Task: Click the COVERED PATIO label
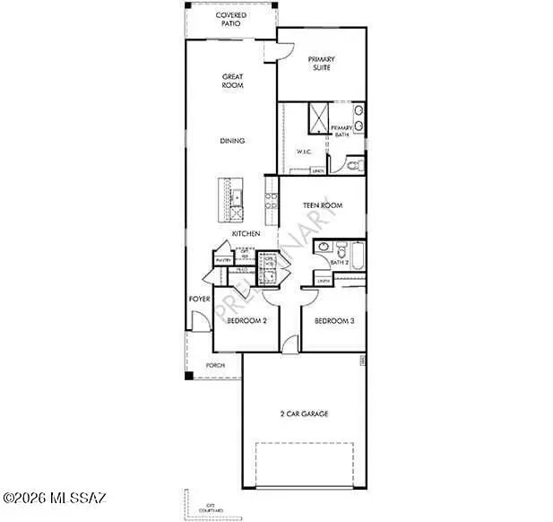(232, 20)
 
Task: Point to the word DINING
(233, 141)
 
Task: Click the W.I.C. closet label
(304, 152)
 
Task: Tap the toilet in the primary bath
(353, 166)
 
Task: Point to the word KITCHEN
(246, 234)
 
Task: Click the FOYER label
(198, 299)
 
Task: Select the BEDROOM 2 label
(246, 320)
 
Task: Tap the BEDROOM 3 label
(333, 320)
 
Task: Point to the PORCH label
(215, 366)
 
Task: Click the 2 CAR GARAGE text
(304, 413)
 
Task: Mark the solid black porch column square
(189, 375)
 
